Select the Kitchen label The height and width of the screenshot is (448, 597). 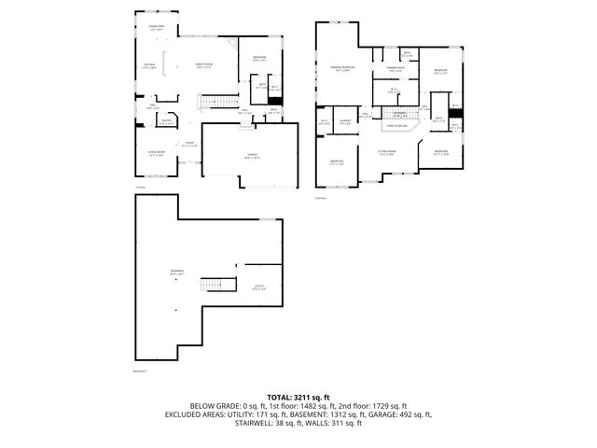pos(149,66)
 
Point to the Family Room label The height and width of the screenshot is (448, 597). pos(203,64)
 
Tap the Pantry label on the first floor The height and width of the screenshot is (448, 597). pos(165,121)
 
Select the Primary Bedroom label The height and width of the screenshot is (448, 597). pos(341,68)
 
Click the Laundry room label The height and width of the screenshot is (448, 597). pos(344,121)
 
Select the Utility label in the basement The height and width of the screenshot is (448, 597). pos(259,287)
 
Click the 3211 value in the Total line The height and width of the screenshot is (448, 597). pos(305,397)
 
